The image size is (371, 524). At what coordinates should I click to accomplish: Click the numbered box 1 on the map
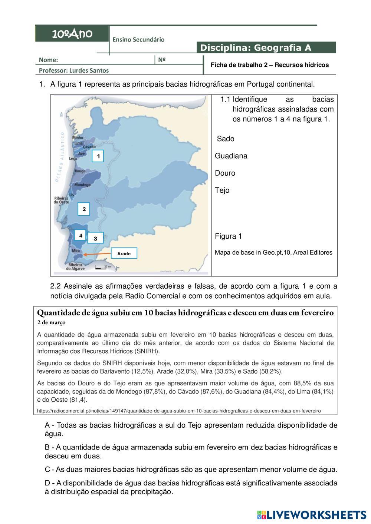click(98, 156)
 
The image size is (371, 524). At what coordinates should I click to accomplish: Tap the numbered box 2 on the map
click(84, 209)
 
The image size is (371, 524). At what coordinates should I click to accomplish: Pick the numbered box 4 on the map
click(81, 235)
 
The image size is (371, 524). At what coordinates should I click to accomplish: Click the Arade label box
click(124, 253)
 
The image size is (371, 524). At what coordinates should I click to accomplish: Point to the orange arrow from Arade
click(97, 254)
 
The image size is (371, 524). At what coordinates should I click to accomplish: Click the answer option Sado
click(226, 139)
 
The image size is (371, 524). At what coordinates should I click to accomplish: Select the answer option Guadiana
click(231, 156)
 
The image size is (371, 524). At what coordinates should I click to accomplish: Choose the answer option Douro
click(225, 173)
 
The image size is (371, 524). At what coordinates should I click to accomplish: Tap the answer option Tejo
click(222, 190)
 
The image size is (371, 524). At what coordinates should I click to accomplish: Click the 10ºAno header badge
click(72, 34)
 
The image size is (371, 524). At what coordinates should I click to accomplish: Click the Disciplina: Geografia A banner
click(266, 47)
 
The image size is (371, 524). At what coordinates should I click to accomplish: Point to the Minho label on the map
click(78, 138)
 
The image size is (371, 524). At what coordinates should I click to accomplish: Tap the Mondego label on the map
click(82, 185)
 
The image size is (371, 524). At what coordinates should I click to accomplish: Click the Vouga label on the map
click(80, 171)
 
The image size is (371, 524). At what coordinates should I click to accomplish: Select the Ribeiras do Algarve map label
click(76, 266)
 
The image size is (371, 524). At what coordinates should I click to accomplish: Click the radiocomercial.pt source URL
click(179, 411)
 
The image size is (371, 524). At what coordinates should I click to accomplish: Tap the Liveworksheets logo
click(312, 514)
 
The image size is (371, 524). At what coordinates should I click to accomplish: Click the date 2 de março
click(52, 322)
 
